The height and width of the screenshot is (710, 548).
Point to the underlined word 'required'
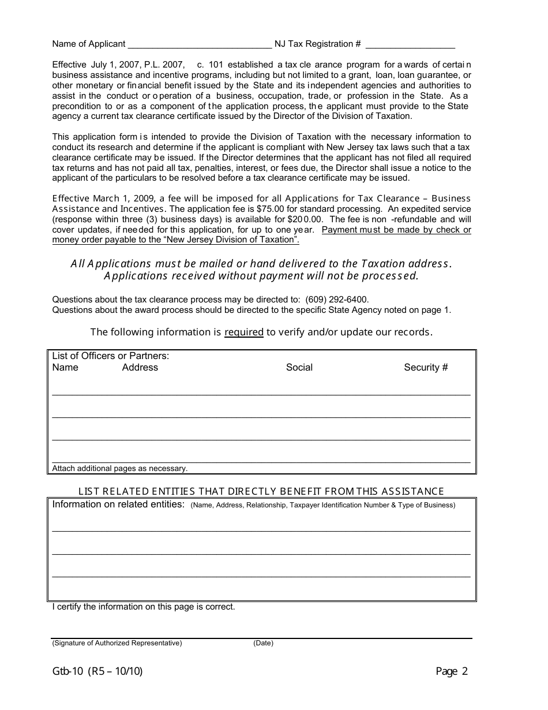243,332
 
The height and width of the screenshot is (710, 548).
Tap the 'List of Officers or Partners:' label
111,356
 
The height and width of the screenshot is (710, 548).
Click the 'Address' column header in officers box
140,368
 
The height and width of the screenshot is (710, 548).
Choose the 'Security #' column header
426,368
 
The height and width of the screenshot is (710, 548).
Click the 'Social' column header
299,368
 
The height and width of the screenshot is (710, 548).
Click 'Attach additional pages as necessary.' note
120,469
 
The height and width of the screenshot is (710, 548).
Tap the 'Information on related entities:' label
118,505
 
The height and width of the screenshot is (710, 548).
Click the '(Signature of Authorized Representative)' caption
117,643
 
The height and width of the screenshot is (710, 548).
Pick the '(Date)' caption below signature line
263,643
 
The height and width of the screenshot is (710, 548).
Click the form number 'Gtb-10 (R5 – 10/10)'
97,671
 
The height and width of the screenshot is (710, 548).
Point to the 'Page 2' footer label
452,671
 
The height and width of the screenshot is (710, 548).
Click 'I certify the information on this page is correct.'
144,607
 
